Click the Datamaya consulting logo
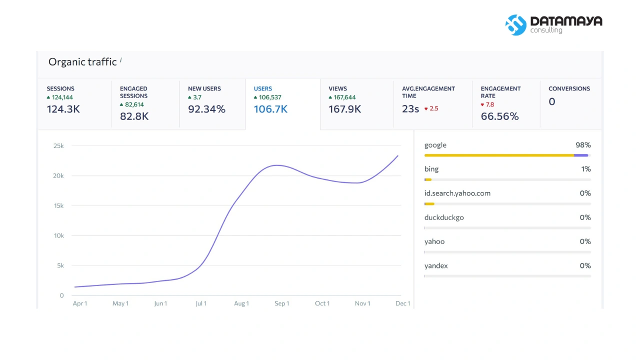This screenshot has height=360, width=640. point(553,25)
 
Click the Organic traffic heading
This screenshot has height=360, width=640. point(82,61)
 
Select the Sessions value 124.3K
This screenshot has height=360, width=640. point(63,109)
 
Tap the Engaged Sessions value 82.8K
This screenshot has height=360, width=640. point(134,116)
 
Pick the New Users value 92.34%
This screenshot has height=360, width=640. point(206,109)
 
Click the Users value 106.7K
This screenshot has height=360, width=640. point(270,109)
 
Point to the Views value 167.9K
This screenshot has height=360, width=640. point(345,109)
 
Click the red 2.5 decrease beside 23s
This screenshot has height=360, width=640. point(431,108)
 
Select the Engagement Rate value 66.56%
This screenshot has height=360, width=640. point(499,116)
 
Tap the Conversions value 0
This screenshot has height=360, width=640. point(552,101)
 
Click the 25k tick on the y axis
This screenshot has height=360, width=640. point(58,145)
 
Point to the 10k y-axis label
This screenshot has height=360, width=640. point(59,235)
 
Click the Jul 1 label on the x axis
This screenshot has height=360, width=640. point(201,303)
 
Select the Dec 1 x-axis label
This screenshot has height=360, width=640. point(403,303)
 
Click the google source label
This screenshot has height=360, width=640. point(435,145)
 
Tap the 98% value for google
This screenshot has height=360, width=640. point(583,145)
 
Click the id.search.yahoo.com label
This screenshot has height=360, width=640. point(457,193)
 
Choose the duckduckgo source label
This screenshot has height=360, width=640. point(444,217)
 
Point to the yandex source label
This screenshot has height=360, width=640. point(436,265)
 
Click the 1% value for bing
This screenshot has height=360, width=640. point(586,169)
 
